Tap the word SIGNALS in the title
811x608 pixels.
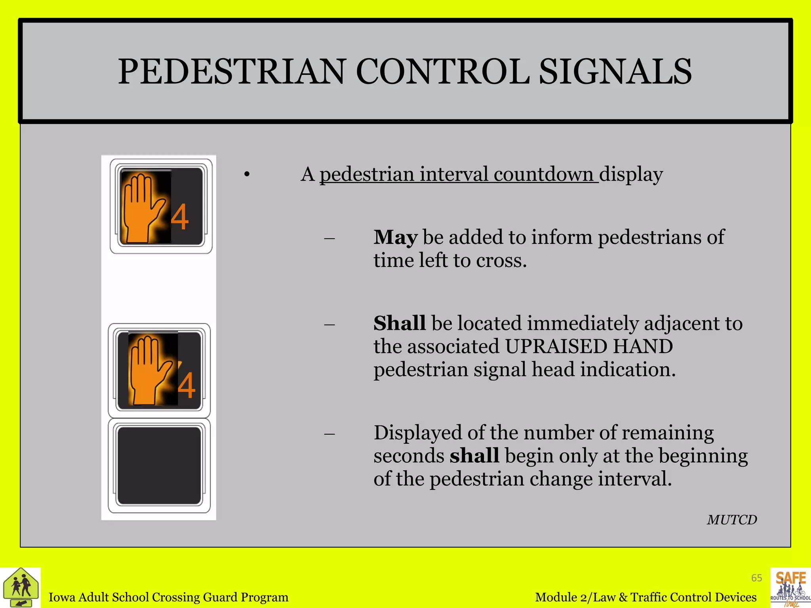coord(615,72)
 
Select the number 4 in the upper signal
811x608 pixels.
coord(180,217)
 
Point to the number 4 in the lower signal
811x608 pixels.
coord(187,386)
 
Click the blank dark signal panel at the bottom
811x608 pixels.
coord(159,465)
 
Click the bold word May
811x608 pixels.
coord(395,237)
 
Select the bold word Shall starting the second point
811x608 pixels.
coord(399,323)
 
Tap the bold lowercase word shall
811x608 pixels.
coord(474,456)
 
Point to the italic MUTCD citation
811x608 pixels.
coord(732,520)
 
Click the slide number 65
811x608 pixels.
coord(756,578)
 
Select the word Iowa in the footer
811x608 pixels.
coord(62,597)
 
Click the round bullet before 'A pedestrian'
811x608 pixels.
coord(247,175)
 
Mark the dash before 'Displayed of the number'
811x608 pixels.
coord(329,434)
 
